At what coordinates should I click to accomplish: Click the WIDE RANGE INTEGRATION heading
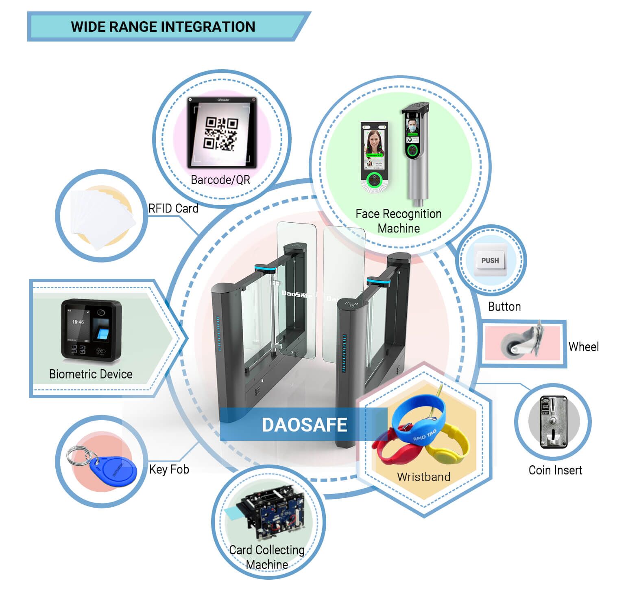pyautogui.click(x=163, y=27)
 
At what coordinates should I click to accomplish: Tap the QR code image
pyautogui.click(x=220, y=133)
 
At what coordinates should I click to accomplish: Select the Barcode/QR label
pyautogui.click(x=220, y=180)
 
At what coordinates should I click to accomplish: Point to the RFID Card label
pyautogui.click(x=173, y=208)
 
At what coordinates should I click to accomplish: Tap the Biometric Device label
pyautogui.click(x=91, y=374)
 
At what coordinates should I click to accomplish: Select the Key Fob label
pyautogui.click(x=169, y=469)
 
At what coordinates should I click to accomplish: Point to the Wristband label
pyautogui.click(x=423, y=477)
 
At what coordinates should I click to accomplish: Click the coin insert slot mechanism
pyautogui.click(x=553, y=422)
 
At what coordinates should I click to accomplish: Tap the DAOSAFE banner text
pyautogui.click(x=304, y=425)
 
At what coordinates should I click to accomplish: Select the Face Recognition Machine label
pyautogui.click(x=399, y=221)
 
